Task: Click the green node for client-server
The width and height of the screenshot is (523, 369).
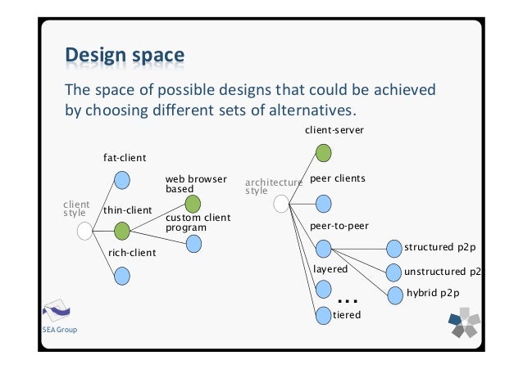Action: [323, 152]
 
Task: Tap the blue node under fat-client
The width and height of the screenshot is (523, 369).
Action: [121, 180]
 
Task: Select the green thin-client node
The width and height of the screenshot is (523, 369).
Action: [121, 232]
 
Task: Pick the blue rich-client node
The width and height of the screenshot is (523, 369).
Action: [121, 277]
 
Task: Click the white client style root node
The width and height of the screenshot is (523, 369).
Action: [84, 232]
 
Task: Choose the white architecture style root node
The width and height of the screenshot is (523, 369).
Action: [282, 204]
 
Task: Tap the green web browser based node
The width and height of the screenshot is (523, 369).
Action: [193, 204]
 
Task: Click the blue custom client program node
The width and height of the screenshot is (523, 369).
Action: [193, 243]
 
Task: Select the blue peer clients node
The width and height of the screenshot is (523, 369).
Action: [323, 203]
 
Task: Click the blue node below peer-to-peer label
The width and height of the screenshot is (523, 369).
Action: [323, 247]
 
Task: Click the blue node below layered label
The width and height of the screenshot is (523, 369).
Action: [323, 288]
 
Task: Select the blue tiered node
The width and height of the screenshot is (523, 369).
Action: [323, 314]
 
